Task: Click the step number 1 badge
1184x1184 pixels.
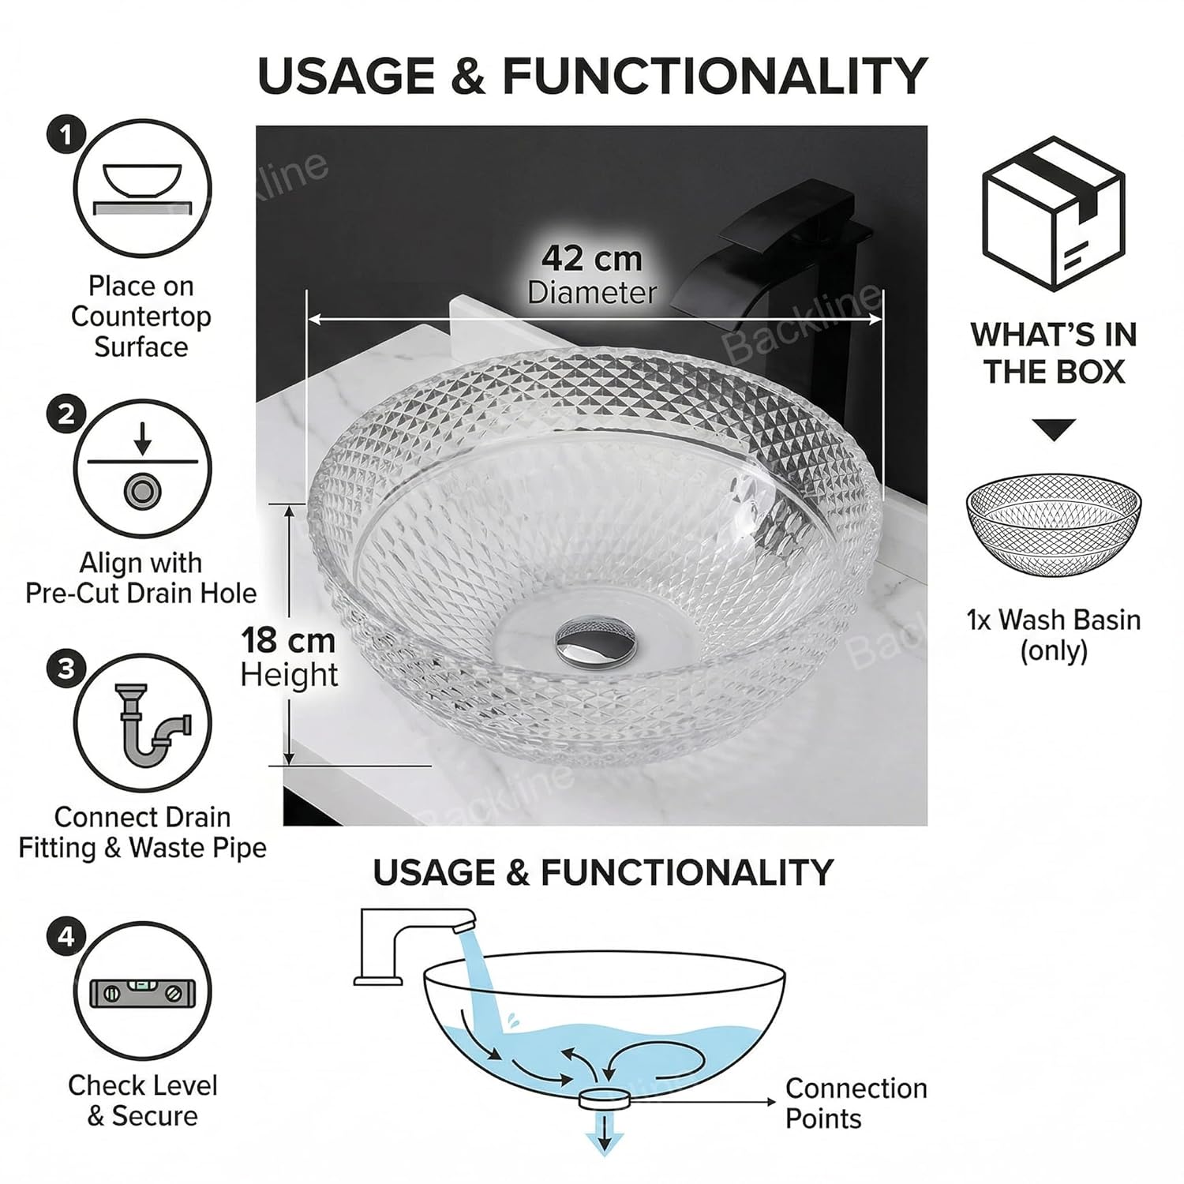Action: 66,136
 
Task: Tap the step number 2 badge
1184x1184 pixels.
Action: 66,415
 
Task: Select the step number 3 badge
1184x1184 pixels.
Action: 66,669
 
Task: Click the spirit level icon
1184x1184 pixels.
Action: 142,992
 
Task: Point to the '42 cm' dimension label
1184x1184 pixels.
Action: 592,258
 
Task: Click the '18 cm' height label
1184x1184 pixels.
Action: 288,640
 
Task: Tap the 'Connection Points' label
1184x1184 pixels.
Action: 856,1103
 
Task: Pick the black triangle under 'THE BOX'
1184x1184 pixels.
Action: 1054,430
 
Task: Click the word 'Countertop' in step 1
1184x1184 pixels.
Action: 141,316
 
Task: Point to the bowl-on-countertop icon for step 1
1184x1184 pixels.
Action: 142,189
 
